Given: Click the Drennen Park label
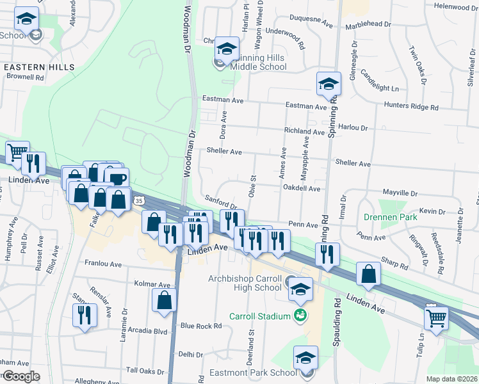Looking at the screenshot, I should (391, 218).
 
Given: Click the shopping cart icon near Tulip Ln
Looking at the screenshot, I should (436, 317).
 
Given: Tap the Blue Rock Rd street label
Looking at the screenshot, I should (200, 326).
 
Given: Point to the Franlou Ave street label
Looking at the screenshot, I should (103, 264).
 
